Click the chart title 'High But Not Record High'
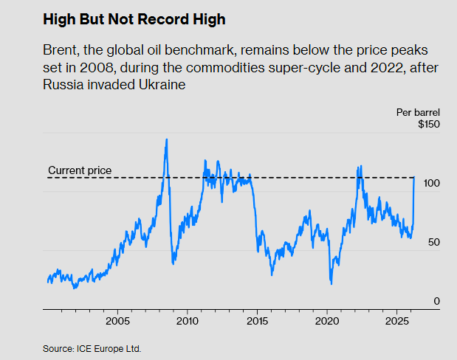pyautogui.click(x=133, y=20)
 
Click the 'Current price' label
pyautogui.click(x=80, y=170)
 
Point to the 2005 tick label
pyautogui.click(x=118, y=322)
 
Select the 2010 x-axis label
pyautogui.click(x=188, y=322)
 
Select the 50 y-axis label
pyautogui.click(x=433, y=242)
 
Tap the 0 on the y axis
pyautogui.click(x=436, y=301)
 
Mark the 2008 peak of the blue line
pyautogui.click(x=166, y=139)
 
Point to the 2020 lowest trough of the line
pyautogui.click(x=331, y=283)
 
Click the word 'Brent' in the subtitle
pyautogui.click(x=61, y=53)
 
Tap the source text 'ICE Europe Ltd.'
pyautogui.click(x=110, y=348)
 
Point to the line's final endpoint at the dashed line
pyautogui.click(x=414, y=178)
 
